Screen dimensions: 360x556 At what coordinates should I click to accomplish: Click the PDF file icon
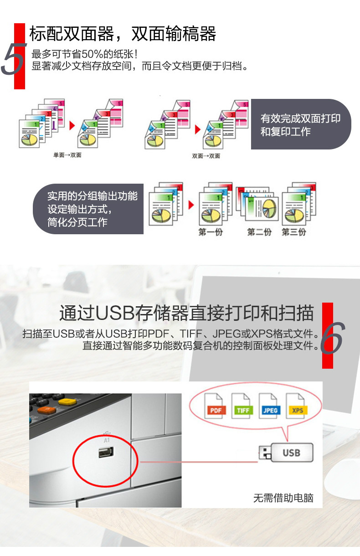(x=215, y=406)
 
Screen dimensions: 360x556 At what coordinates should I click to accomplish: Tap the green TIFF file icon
(x=242, y=406)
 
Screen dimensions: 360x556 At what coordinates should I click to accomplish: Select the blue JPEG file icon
(x=270, y=406)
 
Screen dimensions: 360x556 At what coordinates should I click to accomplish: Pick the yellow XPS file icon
(x=297, y=406)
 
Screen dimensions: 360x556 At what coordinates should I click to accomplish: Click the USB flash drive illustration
(x=286, y=453)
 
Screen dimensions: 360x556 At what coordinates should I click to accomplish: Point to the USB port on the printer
(x=106, y=452)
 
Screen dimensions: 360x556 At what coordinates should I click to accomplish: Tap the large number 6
(x=333, y=338)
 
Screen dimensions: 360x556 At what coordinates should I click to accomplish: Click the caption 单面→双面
(x=67, y=155)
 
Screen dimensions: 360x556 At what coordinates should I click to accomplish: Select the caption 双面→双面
(x=206, y=156)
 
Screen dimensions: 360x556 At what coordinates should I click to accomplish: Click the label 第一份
(x=211, y=232)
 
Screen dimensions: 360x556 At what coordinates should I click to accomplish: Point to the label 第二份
(x=259, y=232)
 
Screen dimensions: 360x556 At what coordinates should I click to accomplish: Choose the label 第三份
(x=294, y=232)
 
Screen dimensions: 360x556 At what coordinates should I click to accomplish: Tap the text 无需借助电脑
(x=283, y=498)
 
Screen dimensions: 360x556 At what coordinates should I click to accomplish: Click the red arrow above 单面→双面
(x=72, y=126)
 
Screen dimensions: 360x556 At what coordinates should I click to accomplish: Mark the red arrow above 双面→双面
(x=198, y=129)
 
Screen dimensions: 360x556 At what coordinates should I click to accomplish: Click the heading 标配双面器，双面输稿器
(x=123, y=34)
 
